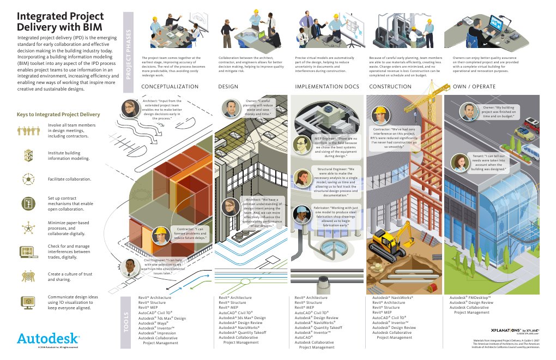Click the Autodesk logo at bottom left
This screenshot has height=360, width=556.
pos(49,338)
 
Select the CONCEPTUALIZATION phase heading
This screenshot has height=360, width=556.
pos(170,87)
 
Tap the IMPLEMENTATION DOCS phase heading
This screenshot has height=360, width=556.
pos(327,87)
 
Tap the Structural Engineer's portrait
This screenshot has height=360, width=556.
pos(301,178)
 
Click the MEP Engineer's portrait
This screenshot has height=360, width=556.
pos(301,144)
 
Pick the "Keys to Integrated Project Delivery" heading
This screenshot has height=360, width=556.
pos(58,115)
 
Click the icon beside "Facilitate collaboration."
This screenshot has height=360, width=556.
pos(27,178)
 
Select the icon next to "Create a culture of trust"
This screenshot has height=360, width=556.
pos(27,277)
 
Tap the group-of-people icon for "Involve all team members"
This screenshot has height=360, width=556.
pos(27,131)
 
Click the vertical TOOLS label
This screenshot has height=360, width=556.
pos(128,322)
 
